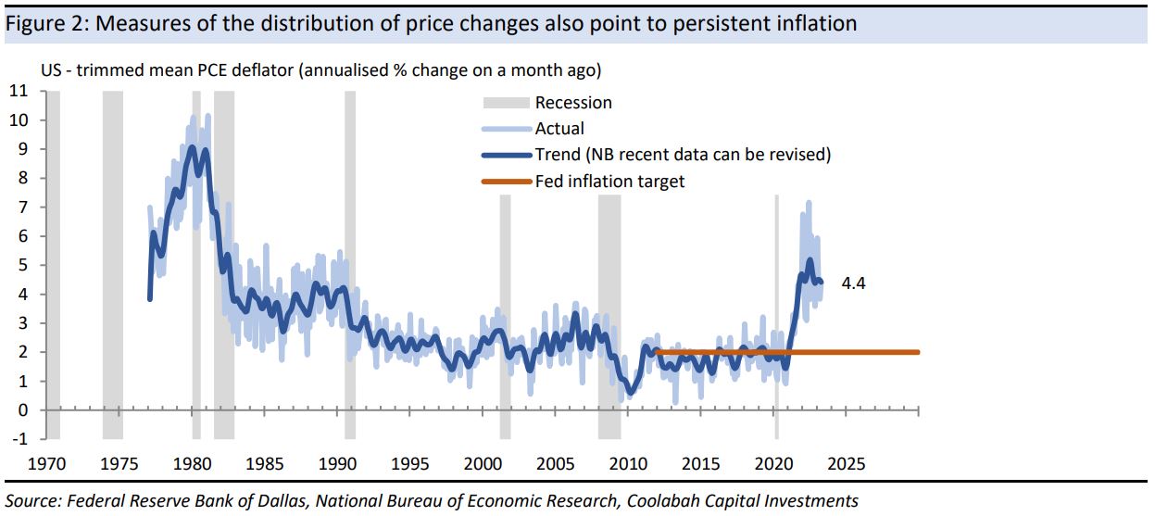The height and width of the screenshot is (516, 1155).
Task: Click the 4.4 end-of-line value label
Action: click(x=853, y=285)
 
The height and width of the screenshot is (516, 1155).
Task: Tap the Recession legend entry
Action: click(x=573, y=103)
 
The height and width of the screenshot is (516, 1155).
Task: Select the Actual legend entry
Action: click(x=559, y=129)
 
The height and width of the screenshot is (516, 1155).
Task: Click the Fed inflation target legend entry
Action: click(x=609, y=182)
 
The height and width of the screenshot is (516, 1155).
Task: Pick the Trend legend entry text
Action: click(x=683, y=155)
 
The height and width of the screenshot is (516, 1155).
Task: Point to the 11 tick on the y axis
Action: click(x=19, y=91)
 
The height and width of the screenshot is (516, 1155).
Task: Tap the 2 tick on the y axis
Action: click(x=23, y=352)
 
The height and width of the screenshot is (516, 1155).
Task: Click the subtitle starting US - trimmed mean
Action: click(x=320, y=70)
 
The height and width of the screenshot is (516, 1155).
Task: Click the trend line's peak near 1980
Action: click(x=192, y=147)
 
